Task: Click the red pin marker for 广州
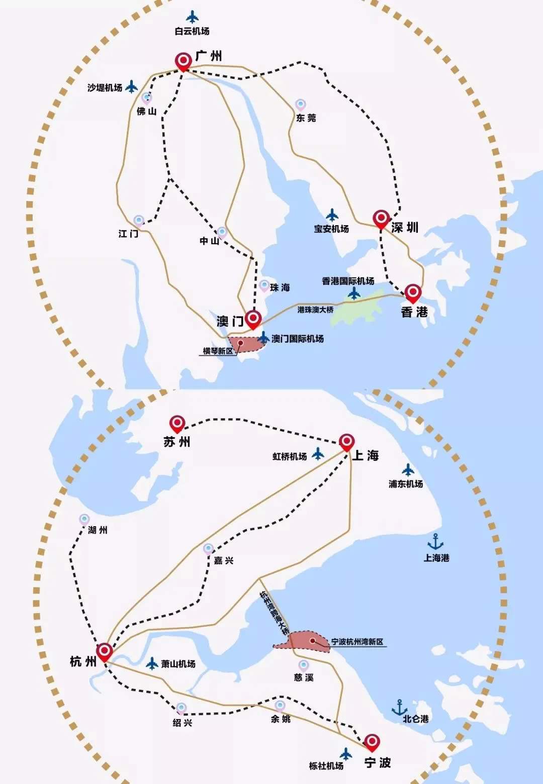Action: pos(183,61)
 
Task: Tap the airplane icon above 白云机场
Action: pos(192,17)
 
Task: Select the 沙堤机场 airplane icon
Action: pos(131,86)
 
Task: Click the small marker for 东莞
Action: pos(300,105)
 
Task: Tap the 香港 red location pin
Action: pos(413,292)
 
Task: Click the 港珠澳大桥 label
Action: pos(315,310)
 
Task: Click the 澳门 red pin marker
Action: pos(253,318)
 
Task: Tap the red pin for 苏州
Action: pos(177,424)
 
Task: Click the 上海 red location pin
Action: pos(346,442)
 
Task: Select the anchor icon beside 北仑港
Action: pos(399,707)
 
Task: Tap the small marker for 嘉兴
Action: pos(209,549)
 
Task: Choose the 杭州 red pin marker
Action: pos(105,651)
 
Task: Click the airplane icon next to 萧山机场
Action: pos(152,663)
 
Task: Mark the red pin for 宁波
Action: pos(372,741)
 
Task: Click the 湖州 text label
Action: pos(98,530)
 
